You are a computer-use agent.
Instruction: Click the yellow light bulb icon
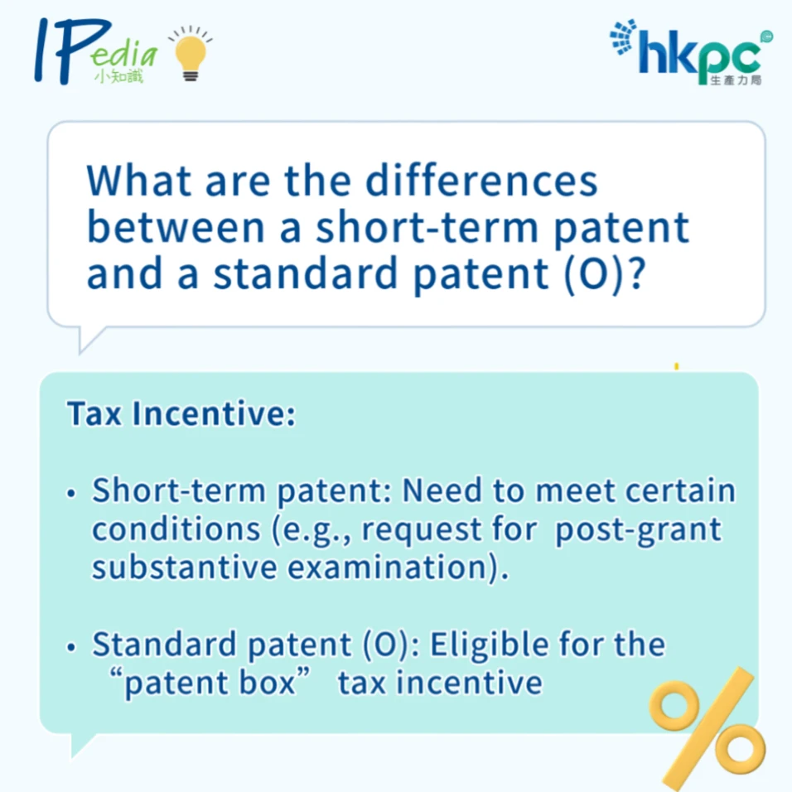tap(191, 54)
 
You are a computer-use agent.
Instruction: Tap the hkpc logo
tap(691, 52)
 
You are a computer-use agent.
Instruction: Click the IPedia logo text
tap(96, 51)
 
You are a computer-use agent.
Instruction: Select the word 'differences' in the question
tap(481, 181)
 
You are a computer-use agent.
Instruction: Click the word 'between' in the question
tap(176, 227)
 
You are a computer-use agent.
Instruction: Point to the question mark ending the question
tap(638, 273)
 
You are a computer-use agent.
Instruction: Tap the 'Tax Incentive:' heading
tap(181, 413)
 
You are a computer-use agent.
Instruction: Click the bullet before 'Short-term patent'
tap(71, 493)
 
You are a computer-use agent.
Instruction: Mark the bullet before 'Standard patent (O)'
tap(71, 647)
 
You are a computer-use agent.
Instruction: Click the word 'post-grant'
tap(639, 531)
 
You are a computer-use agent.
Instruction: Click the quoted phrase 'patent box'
tap(210, 683)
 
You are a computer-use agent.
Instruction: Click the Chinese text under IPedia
tap(119, 76)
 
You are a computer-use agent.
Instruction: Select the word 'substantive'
tap(185, 567)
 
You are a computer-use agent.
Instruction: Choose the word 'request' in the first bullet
tap(422, 531)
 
